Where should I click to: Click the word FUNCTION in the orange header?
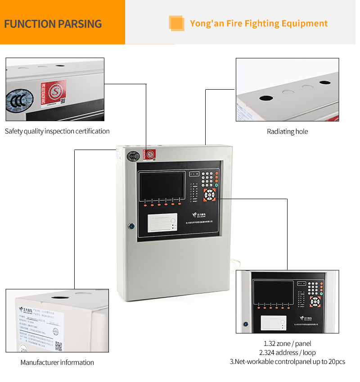coord(30,23)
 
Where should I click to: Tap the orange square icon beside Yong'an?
coord(176,23)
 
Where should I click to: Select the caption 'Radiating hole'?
coord(288,132)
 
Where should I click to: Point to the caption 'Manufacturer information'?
coord(57,362)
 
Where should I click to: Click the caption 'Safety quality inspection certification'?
coord(57,131)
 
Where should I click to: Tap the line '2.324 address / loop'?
coord(288,352)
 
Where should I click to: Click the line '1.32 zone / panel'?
coord(288,344)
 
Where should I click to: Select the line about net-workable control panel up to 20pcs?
coord(288,361)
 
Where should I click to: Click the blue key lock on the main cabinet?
coord(131,225)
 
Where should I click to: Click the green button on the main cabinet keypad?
coord(216,185)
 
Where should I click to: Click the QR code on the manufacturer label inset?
coord(58,346)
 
